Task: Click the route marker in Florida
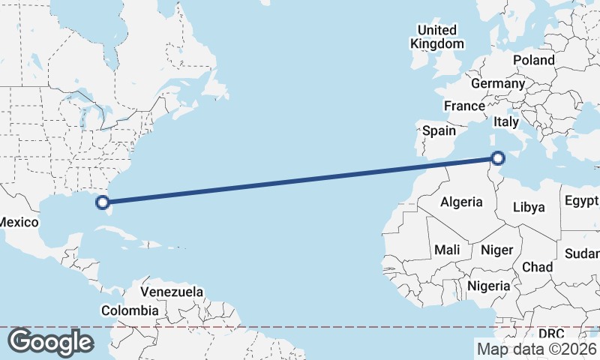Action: click(103, 202)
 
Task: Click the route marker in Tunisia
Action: click(498, 157)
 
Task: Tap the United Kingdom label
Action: click(437, 37)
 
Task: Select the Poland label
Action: click(534, 60)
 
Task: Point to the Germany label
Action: click(497, 83)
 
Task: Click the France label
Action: click(464, 106)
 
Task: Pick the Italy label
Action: click(506, 121)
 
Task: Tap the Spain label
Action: click(439, 130)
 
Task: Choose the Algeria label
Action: click(461, 202)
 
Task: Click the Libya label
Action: click(529, 207)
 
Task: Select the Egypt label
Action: click(581, 200)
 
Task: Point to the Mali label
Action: click(447, 249)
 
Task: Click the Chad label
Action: click(537, 267)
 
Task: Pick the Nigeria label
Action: click(489, 286)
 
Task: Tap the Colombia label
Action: click(130, 310)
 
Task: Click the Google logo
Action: click(50, 342)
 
